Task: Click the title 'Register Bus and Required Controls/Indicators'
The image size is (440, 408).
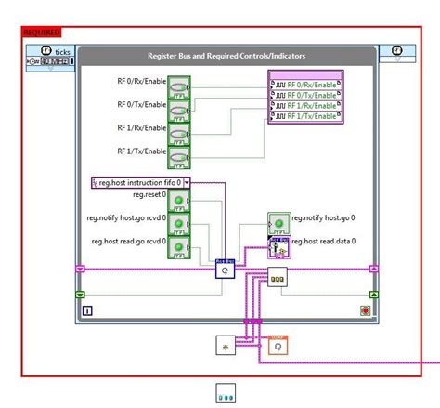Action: tap(226, 56)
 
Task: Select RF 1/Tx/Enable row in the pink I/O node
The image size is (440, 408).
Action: tap(305, 117)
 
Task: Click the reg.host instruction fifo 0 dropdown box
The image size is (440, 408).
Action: tap(141, 183)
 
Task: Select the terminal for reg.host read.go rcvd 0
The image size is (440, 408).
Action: tap(179, 247)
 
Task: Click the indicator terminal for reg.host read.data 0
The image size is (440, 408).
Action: tap(278, 246)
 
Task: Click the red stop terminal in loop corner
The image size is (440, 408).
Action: tap(365, 311)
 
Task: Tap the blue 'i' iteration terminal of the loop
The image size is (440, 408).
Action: tap(86, 311)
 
